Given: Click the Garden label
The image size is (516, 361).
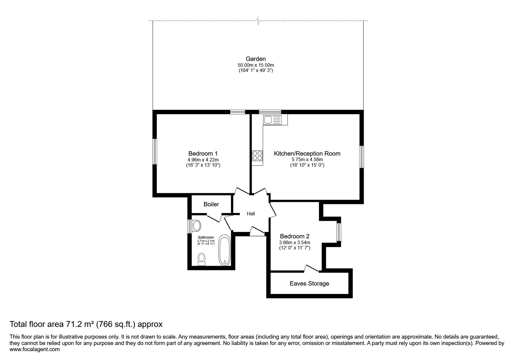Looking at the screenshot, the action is point(256,59).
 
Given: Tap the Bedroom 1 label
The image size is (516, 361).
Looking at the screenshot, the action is point(203,154).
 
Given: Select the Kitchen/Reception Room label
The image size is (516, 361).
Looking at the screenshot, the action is point(307,154).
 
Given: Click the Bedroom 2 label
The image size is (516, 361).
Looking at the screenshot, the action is point(295,236).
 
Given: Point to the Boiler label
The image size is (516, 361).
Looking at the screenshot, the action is point(211,204).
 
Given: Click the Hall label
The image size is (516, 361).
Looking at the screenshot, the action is point(251,214).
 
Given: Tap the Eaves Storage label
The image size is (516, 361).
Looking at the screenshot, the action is point(309,283).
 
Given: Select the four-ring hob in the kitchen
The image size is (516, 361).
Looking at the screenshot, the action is point(257,155).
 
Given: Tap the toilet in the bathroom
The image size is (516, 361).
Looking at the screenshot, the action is point(202,259).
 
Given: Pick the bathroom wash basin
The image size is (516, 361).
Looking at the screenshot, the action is point(196,226).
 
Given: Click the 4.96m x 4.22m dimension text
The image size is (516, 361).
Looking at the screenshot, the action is point(203,160).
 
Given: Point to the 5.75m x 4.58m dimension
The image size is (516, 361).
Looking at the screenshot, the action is point(307,160).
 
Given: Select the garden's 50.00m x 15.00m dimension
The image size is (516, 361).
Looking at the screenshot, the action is point(256,65).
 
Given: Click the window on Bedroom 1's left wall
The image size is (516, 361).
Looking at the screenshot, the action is point(155,152).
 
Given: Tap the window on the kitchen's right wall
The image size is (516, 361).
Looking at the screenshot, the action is point(362,157).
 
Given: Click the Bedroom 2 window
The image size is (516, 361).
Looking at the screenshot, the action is point(339,232).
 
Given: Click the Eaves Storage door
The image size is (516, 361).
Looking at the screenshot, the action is point(312,269).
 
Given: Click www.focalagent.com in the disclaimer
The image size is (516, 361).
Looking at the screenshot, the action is point(35,349).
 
